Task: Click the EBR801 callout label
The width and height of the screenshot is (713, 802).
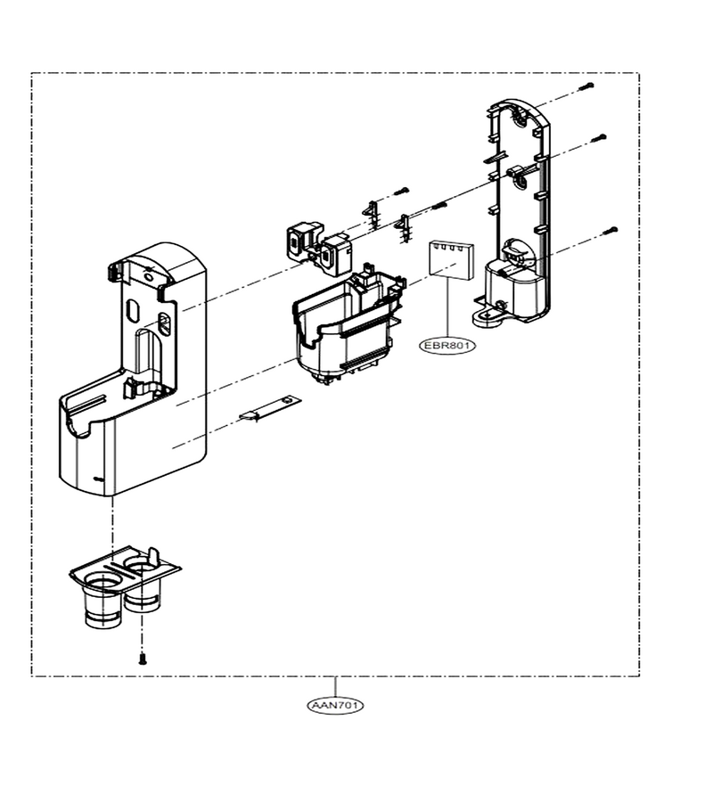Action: (447, 346)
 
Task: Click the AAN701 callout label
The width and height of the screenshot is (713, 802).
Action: (335, 706)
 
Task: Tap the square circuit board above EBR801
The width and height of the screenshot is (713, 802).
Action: (451, 258)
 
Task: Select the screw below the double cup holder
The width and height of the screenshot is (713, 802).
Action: (143, 659)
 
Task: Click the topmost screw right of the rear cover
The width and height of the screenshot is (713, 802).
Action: (586, 87)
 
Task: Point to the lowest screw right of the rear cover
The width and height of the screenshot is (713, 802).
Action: (611, 231)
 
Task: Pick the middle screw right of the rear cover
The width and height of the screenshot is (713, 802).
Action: (599, 138)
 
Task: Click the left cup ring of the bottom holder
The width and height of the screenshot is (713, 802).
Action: (103, 583)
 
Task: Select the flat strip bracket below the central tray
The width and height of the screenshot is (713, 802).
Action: (269, 408)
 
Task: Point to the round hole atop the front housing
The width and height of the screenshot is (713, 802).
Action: (148, 278)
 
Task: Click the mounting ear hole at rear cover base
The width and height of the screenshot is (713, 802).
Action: (486, 316)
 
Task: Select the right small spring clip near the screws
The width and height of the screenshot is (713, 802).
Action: (404, 227)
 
